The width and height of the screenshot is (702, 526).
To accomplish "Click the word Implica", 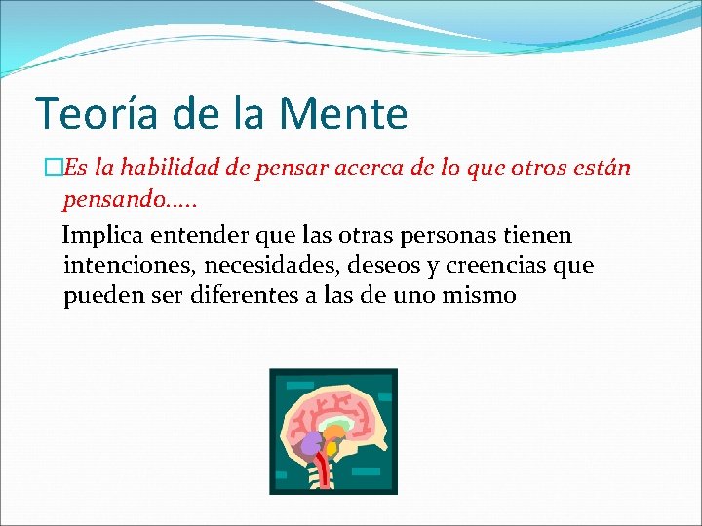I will click(98, 237).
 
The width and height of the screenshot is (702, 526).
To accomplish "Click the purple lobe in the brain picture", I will click(310, 444).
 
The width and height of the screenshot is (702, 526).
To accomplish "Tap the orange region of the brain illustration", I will click(334, 432).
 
